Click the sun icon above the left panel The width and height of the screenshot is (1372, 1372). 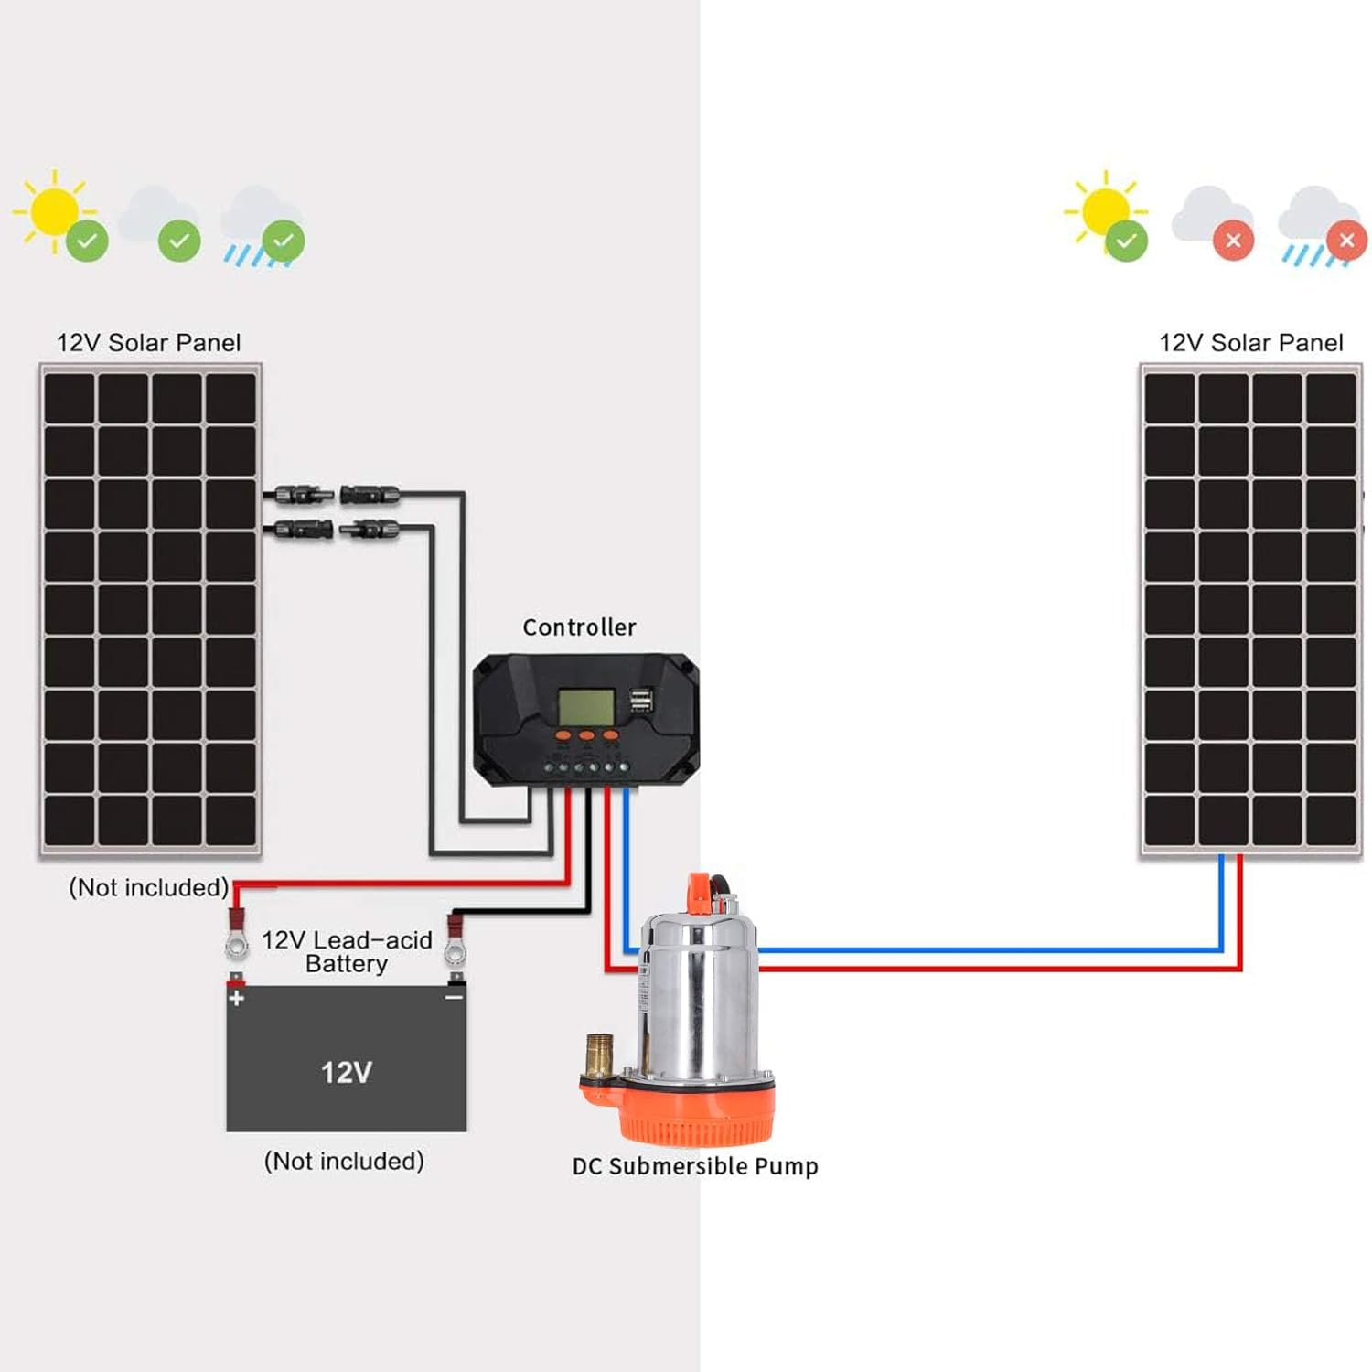[52, 210]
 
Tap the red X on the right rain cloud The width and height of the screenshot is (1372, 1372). [1346, 241]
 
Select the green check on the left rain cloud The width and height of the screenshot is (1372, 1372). [284, 241]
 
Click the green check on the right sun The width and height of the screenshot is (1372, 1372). [1126, 241]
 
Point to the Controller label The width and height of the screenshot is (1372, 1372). [579, 627]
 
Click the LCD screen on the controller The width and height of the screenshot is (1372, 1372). [585, 706]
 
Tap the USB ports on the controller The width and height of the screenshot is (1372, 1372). [641, 701]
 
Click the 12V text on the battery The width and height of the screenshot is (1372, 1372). [346, 1072]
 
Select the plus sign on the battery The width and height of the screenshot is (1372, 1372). [237, 998]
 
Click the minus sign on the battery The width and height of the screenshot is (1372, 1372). [454, 997]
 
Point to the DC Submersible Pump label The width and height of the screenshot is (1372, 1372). [695, 1166]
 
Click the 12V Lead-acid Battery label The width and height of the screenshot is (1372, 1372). [347, 951]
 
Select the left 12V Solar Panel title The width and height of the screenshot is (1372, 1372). [149, 343]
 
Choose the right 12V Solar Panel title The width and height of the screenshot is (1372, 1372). [1250, 343]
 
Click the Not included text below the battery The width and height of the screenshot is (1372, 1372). [344, 1161]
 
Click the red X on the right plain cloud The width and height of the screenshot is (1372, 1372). [1233, 241]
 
